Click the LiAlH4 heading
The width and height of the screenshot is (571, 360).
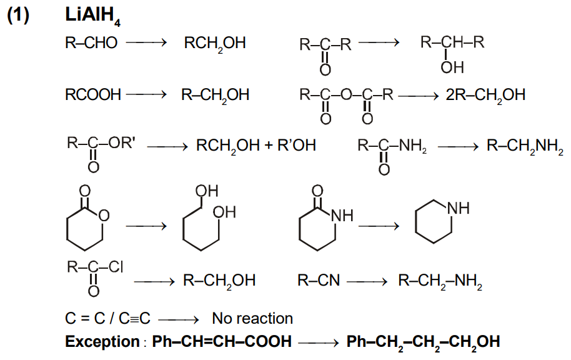(x=92, y=16)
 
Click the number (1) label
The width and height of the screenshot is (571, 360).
(x=18, y=15)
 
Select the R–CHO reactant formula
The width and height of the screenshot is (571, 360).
(x=91, y=42)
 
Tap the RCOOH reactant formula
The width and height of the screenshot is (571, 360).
(x=93, y=95)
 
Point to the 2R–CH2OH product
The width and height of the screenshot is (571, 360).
(x=485, y=95)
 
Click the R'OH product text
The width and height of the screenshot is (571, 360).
(x=296, y=146)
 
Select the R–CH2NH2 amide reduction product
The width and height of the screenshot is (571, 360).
(x=525, y=146)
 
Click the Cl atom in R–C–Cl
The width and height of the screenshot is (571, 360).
(x=116, y=267)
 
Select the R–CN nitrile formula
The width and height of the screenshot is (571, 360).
(x=319, y=281)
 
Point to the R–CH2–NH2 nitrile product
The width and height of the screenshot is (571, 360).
(x=440, y=281)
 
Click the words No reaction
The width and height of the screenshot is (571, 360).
(x=252, y=319)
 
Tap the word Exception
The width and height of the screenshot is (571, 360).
(x=102, y=342)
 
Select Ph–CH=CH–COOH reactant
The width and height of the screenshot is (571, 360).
(x=222, y=342)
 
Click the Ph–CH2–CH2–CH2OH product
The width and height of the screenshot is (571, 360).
(x=423, y=342)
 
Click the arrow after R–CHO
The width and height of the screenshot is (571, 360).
(x=146, y=42)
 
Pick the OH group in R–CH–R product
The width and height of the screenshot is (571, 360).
(x=452, y=67)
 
